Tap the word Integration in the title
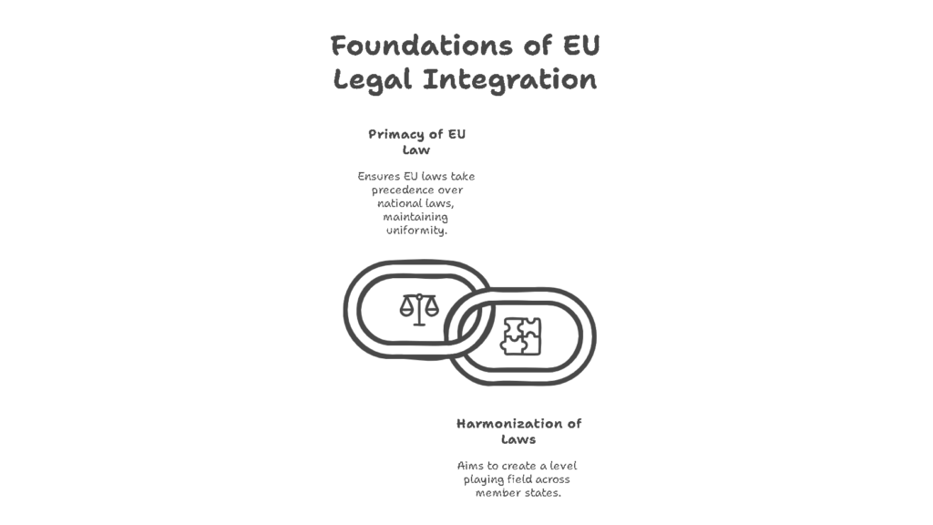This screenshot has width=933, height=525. [509, 79]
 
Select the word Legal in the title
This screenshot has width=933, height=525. [373, 80]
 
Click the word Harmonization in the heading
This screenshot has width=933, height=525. [510, 424]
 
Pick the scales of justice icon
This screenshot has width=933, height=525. [419, 309]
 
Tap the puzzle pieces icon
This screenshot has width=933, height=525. [520, 336]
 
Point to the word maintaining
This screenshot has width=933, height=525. [415, 217]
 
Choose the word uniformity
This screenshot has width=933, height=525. [416, 231]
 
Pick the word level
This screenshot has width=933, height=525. [563, 466]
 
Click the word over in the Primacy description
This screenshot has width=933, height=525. [451, 190]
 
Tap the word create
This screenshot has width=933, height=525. [518, 466]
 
